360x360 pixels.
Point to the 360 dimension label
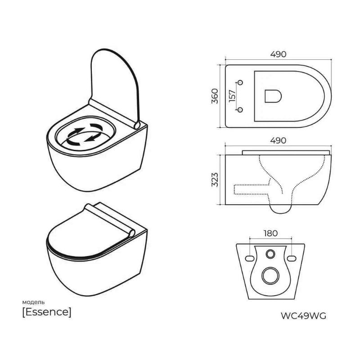coord(215,96)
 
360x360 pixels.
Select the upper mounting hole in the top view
coord(240,82)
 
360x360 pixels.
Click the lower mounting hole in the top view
coord(240,110)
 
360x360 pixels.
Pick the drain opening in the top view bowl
coord(273,95)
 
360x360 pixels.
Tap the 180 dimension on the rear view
coord(271,233)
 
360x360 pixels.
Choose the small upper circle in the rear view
coord(271,255)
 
